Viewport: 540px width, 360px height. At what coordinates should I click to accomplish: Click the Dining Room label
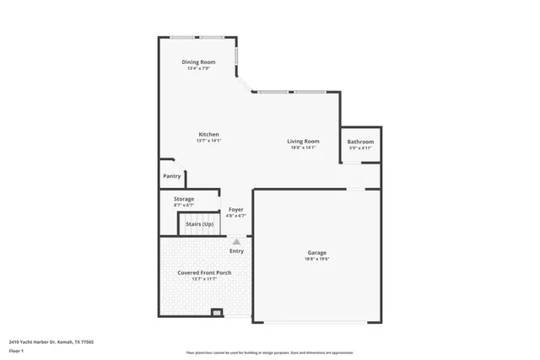point(197,62)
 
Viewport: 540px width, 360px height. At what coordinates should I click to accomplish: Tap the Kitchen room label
point(208,135)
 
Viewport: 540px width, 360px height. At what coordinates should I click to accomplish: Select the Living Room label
point(302,141)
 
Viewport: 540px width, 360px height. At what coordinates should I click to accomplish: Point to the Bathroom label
point(360,142)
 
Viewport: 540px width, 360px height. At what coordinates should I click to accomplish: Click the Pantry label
point(172,176)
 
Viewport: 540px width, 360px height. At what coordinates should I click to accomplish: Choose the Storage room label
point(184,199)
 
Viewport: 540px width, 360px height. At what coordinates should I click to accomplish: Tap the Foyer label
point(236,210)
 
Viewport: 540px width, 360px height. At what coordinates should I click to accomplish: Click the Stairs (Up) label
point(199,224)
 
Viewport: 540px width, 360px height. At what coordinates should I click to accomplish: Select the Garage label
point(316,253)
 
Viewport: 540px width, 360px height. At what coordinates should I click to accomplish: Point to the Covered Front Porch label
point(204,273)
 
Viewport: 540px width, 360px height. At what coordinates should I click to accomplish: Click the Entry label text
point(236,250)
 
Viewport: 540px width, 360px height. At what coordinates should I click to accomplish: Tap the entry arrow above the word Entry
point(236,241)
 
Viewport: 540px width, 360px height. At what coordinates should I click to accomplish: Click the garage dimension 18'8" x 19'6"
point(316,259)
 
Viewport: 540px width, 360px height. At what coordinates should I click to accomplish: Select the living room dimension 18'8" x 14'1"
point(302,148)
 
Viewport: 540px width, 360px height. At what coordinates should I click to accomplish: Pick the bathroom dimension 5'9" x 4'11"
point(360,148)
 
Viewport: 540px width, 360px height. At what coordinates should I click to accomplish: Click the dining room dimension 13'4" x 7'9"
point(197,68)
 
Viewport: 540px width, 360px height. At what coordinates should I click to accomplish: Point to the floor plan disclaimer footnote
point(269,352)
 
